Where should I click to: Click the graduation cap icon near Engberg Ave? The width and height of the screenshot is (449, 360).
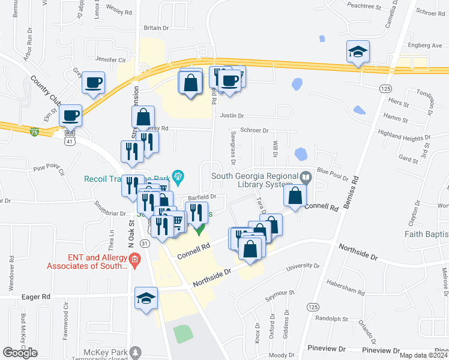tap(358, 52)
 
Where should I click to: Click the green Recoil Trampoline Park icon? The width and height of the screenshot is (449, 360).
tap(178, 176)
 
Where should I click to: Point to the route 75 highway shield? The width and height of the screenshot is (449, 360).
tap(35, 132)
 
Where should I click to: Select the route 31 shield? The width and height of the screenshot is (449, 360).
tap(144, 243)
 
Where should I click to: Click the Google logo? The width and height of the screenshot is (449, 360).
tap(20, 352)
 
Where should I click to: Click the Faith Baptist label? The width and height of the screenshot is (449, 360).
tap(426, 234)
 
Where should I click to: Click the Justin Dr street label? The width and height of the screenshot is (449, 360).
tap(232, 116)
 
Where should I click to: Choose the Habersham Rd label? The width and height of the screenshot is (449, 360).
tap(348, 284)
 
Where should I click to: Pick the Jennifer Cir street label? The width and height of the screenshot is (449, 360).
tap(110, 60)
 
